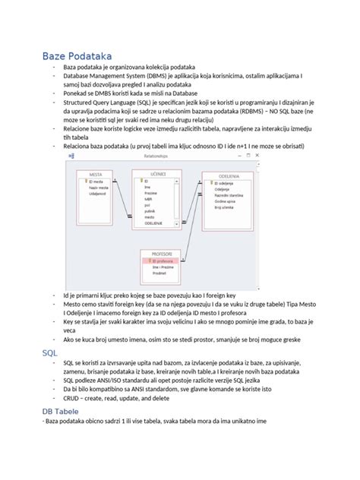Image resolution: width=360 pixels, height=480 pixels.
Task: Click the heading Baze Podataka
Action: pyautogui.click(x=77, y=56)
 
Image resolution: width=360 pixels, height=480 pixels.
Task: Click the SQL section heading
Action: pyautogui.click(x=50, y=353)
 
